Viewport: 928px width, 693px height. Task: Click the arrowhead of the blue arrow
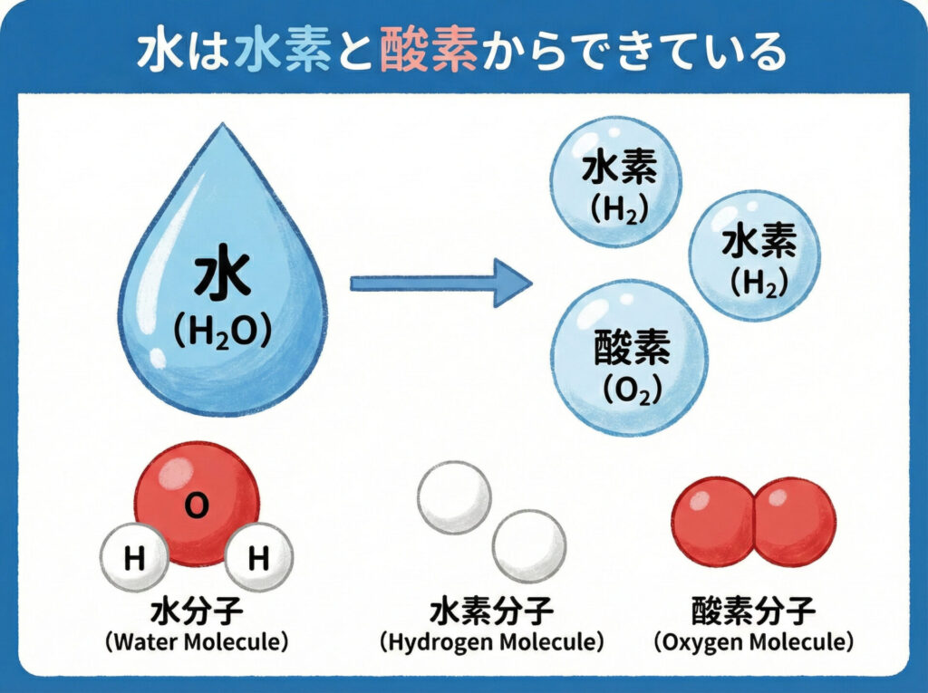pos(511,283)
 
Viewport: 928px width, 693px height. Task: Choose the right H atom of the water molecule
pos(258,560)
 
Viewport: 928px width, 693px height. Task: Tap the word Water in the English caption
pos(147,642)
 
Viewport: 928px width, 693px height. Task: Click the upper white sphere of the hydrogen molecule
pos(454,496)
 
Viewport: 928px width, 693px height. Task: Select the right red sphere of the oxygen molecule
pos(795,523)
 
